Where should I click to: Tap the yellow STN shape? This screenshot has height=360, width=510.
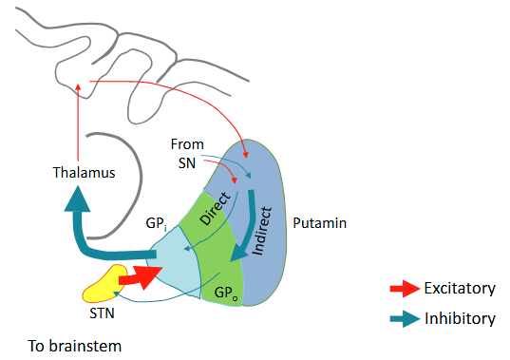coord(104,280)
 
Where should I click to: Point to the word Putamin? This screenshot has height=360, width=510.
coord(319,224)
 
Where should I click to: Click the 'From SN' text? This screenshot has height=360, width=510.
coord(186,153)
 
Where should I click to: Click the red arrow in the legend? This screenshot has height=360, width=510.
coord(405,288)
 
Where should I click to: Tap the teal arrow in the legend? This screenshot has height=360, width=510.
coord(405,319)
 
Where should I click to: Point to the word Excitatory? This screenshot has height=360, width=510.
coord(462,288)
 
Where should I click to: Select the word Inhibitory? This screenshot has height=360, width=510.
coord(461,319)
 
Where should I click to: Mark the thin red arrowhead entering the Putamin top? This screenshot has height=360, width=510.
coord(247,153)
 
